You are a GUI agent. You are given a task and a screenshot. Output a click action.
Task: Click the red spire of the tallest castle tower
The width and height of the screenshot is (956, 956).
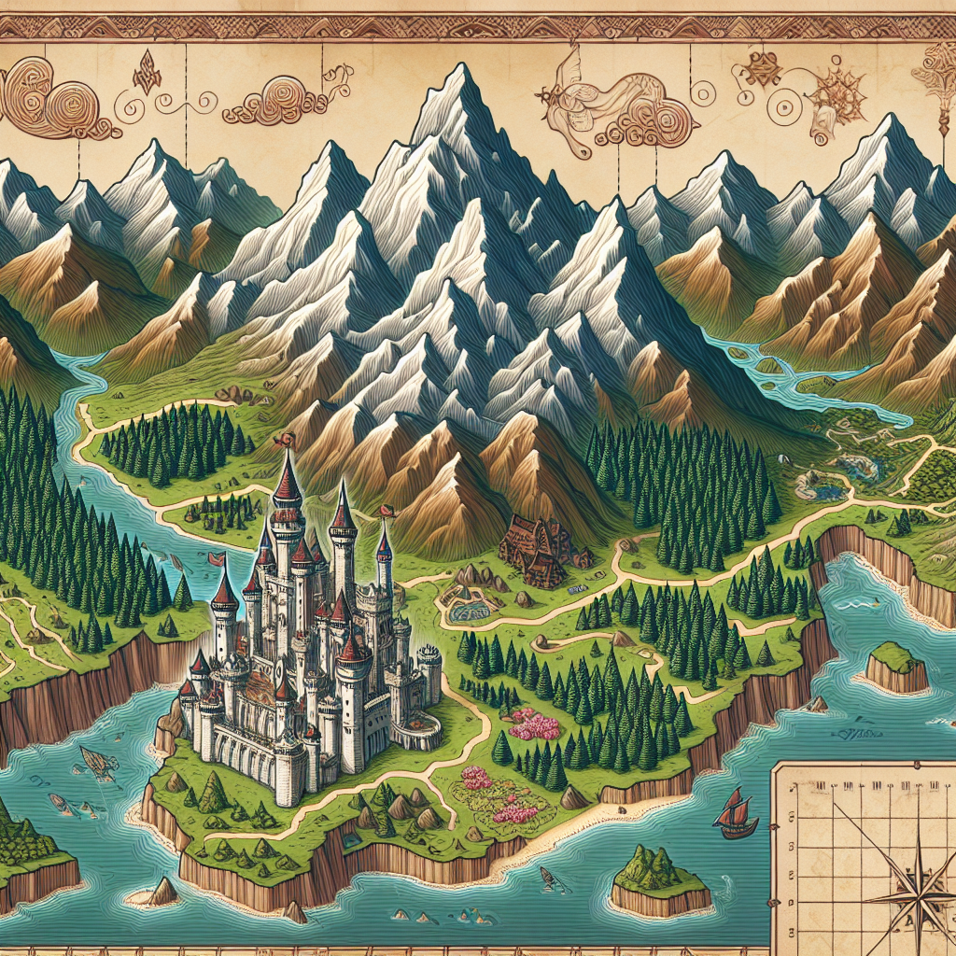(x=288, y=481)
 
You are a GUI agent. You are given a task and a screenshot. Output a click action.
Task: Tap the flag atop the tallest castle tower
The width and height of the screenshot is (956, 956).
(x=283, y=438)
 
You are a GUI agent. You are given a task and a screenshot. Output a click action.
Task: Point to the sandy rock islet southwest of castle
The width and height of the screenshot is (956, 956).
(x=159, y=893)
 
